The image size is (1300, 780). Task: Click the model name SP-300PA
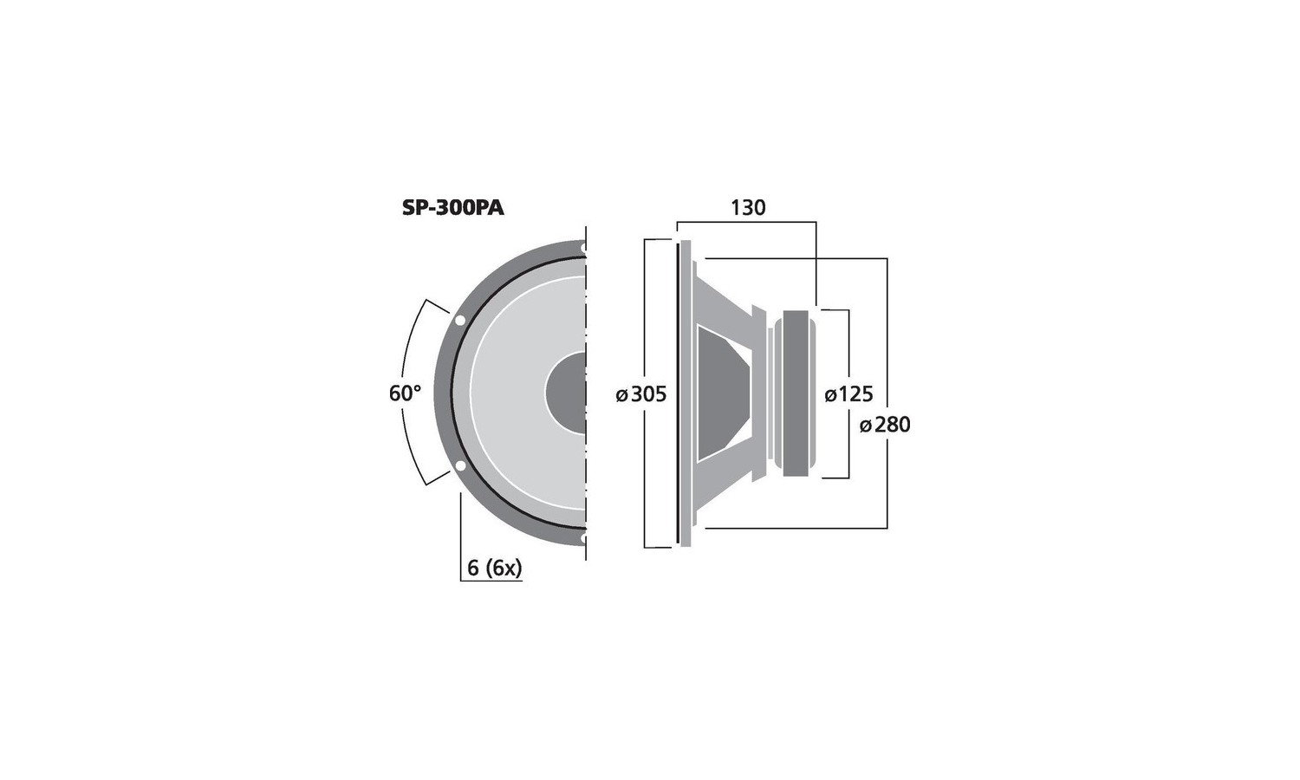point(452,208)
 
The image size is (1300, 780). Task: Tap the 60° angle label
point(405,393)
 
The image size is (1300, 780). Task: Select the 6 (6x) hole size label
point(495,569)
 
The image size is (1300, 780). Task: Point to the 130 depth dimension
point(747,207)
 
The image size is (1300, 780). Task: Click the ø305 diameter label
point(641,394)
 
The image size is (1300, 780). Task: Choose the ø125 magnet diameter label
point(848,394)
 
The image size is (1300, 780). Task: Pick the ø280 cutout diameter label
point(885,425)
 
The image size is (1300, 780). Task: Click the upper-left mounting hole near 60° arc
point(459,321)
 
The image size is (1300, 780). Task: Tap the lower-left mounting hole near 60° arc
point(459,465)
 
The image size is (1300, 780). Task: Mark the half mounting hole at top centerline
point(582,248)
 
